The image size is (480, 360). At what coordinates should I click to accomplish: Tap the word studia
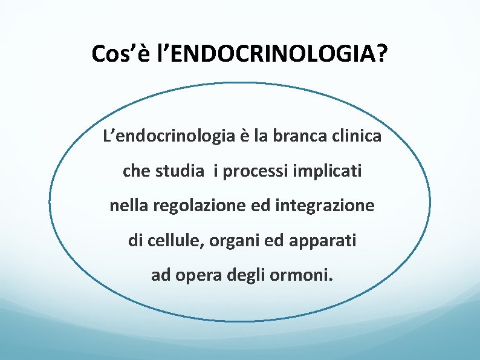(180, 172)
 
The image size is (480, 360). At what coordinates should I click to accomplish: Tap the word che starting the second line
(137, 172)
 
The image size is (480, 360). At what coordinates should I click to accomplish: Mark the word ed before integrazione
(264, 206)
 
